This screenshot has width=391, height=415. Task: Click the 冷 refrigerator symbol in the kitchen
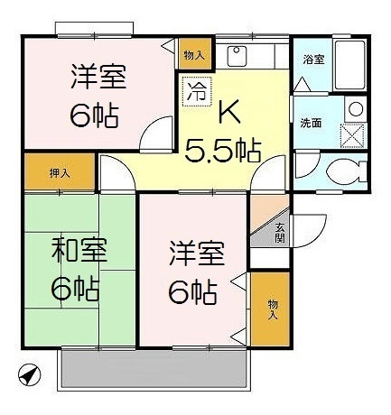197,91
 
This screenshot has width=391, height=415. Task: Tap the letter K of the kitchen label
230,112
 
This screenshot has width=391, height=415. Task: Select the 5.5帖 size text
222,150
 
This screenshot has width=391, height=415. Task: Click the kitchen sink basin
237,56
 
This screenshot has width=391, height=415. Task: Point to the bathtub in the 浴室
350,65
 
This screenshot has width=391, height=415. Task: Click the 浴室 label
313,60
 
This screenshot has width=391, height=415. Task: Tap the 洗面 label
311,123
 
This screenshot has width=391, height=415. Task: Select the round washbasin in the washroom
356,109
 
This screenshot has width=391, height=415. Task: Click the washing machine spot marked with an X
352,135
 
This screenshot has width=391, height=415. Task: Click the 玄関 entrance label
280,233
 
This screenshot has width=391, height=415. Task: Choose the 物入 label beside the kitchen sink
194,55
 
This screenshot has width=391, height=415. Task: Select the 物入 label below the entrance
273,309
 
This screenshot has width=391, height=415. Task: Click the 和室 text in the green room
79,250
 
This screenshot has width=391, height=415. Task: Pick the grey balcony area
154,369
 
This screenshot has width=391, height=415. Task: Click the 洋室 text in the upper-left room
98,77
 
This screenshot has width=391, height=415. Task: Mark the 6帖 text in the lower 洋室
192,292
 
